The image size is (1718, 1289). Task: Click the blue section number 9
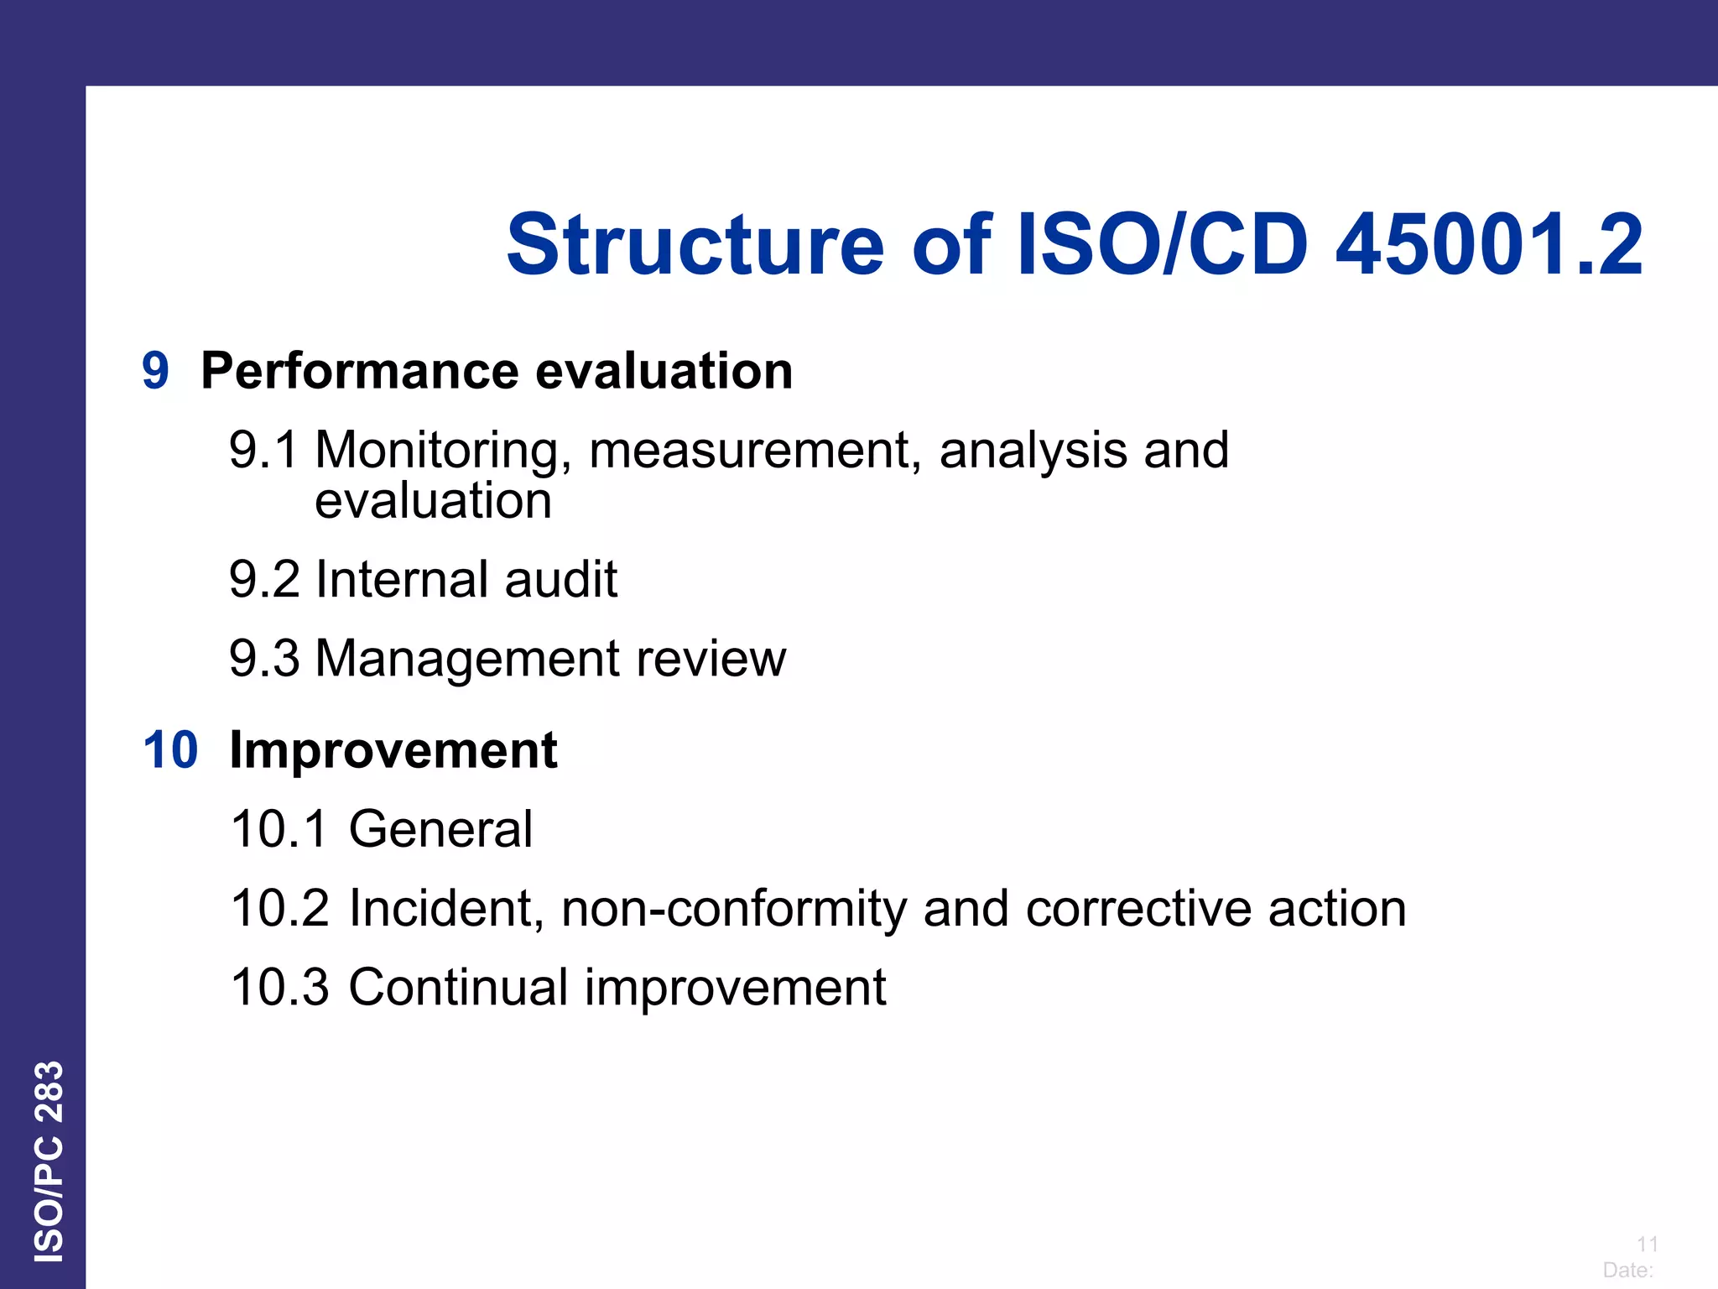pos(155,371)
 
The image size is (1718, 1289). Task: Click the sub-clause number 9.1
pos(263,450)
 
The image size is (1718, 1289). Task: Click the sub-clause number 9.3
pos(263,658)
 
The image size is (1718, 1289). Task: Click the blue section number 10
pos(170,750)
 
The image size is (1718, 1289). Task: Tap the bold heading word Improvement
pos(393,751)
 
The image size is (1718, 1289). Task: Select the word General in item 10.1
pos(440,829)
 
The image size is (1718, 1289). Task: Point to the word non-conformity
pos(734,910)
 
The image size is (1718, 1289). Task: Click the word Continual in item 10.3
pos(458,987)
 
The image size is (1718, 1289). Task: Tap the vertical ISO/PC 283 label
pos(49,1161)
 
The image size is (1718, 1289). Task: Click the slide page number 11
pos(1647,1244)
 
